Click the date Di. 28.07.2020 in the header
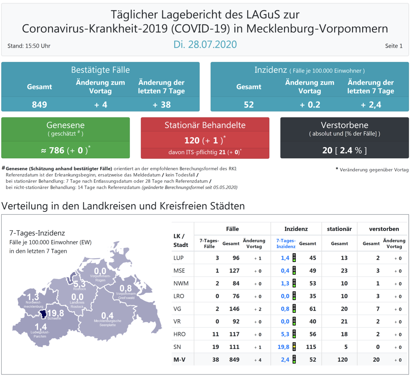(x=205, y=44)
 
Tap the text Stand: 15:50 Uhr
(x=29, y=46)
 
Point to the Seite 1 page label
(x=393, y=46)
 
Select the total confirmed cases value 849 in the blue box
(x=39, y=104)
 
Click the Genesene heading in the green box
(x=66, y=125)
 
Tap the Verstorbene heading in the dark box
(x=344, y=125)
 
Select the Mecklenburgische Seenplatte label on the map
(x=107, y=323)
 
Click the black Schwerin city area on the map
(x=43, y=314)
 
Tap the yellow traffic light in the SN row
(x=294, y=347)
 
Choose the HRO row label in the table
(x=179, y=334)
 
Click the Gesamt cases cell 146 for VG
(x=234, y=309)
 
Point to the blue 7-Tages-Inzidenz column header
(x=286, y=243)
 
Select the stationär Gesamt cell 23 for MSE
(x=344, y=270)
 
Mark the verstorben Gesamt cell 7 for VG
(x=378, y=309)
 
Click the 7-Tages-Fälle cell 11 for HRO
(x=215, y=334)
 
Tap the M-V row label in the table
(x=179, y=360)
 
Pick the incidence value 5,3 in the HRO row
(x=285, y=334)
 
